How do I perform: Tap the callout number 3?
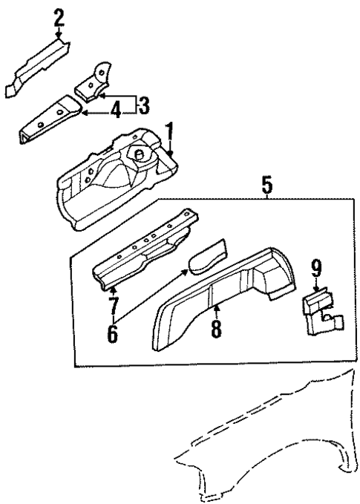[143, 105]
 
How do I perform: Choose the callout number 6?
[111, 333]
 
